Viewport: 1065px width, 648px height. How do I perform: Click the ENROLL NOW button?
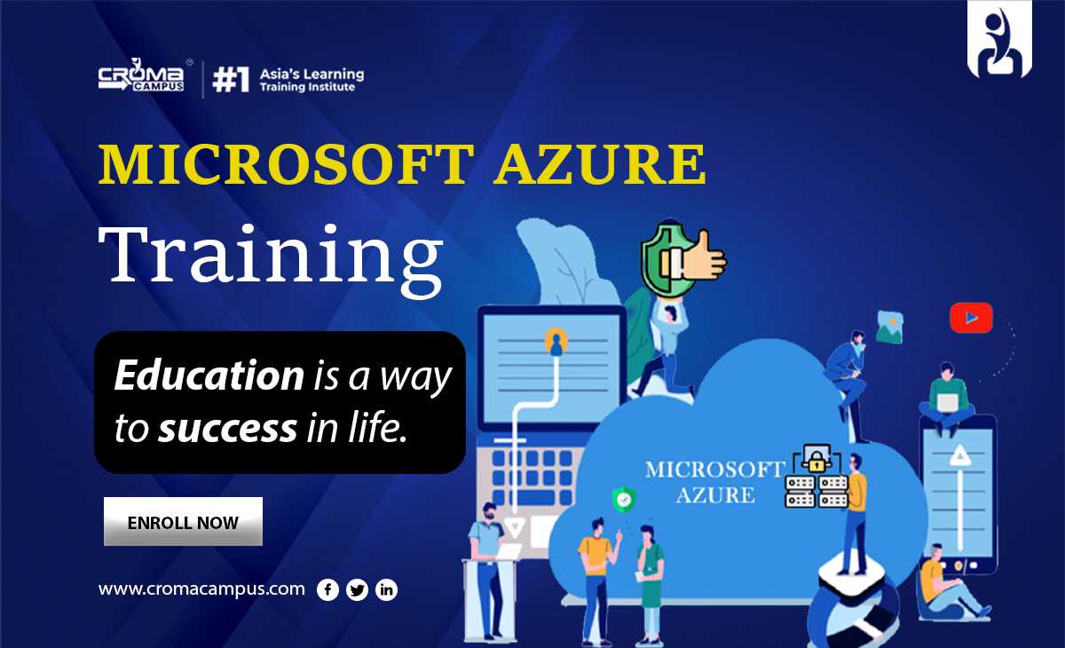tap(183, 522)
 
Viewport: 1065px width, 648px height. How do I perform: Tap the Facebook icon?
tap(327, 590)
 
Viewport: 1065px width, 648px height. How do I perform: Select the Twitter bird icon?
tap(357, 590)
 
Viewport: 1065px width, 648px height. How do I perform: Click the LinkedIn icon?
tap(387, 590)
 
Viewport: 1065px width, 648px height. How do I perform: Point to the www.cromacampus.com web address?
tap(201, 589)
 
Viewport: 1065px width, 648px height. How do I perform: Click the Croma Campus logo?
tap(142, 75)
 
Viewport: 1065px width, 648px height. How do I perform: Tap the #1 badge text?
tap(231, 79)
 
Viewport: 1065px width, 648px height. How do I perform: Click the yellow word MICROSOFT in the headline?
tap(286, 164)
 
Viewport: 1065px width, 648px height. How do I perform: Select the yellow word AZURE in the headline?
tap(599, 164)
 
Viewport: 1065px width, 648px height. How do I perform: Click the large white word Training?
tap(271, 259)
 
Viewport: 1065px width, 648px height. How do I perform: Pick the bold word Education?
tap(209, 375)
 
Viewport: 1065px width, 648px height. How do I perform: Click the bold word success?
tap(228, 428)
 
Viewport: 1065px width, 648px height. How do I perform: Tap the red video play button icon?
tap(971, 318)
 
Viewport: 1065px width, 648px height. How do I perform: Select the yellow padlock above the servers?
tap(816, 460)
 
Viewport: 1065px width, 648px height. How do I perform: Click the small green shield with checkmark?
tap(624, 499)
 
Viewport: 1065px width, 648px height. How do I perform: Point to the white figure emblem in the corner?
tap(999, 40)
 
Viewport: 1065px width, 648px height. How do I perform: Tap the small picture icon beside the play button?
tap(889, 327)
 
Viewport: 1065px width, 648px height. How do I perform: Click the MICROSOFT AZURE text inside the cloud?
tap(714, 482)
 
